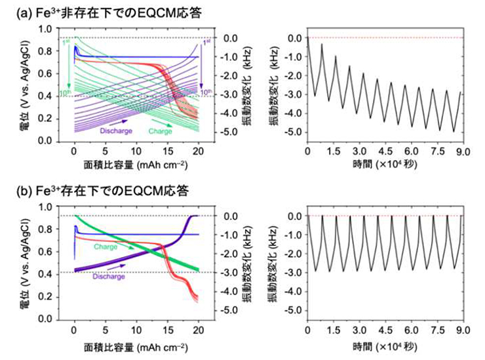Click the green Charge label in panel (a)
click(160, 130)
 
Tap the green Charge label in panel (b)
click(106, 247)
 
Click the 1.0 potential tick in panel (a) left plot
click(45, 29)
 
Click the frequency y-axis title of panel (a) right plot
click(275, 85)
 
